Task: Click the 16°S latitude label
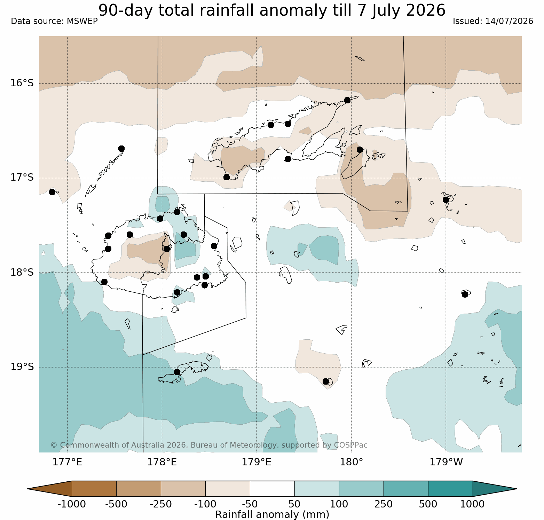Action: point(22,83)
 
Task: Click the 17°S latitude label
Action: point(22,178)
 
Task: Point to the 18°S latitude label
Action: point(22,272)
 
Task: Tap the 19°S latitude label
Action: point(22,367)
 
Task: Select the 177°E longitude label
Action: point(68,462)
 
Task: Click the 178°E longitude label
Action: point(162,462)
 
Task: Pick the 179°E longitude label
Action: point(257,462)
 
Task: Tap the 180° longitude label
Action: point(352,462)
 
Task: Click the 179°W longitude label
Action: point(446,462)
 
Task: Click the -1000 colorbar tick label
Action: point(72,504)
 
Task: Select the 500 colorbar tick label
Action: point(428,504)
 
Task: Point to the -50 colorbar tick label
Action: point(250,504)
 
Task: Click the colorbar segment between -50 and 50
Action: point(272,489)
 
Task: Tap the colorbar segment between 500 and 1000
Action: point(450,489)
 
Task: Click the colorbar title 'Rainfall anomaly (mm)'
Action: point(272,514)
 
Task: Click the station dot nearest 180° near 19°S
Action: point(326,381)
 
